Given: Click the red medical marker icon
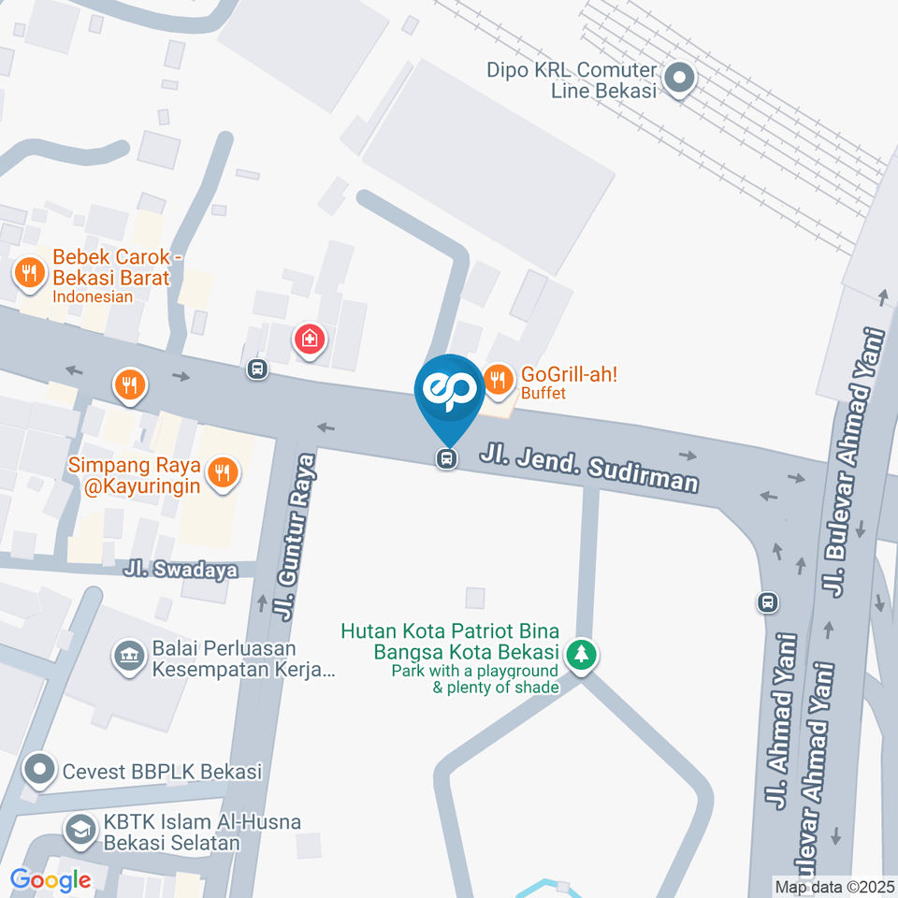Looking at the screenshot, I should tap(310, 340).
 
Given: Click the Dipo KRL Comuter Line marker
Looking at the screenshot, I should tap(680, 79).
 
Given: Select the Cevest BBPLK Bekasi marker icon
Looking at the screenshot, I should tap(39, 771).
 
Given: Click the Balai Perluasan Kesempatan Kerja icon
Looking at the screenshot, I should tap(126, 657).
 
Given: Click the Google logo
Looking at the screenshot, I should tap(50, 879).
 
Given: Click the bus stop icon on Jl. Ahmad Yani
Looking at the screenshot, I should tap(768, 601).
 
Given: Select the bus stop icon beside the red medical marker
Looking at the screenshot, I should tap(257, 369).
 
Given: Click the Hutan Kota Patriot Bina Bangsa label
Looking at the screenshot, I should tap(451, 641).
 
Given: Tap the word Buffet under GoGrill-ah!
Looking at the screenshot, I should tap(543, 394).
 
